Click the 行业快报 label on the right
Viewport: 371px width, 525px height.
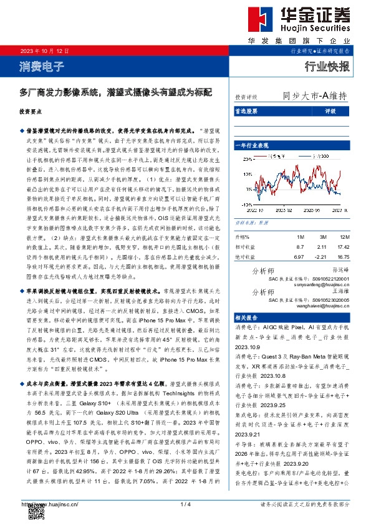[327, 65]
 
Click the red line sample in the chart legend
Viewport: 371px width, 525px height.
[264, 156]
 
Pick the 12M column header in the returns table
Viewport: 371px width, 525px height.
[344, 238]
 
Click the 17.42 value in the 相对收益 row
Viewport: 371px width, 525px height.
[342, 247]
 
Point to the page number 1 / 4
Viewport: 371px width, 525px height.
[185, 504]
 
